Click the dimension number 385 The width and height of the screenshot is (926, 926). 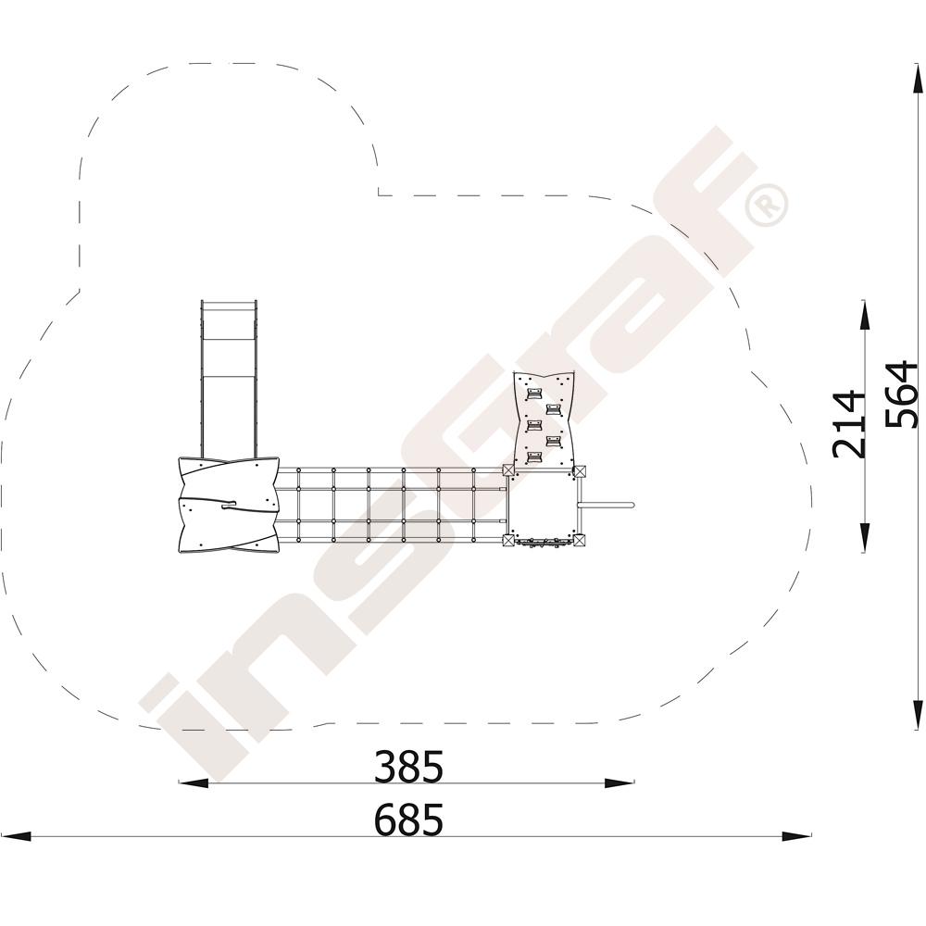coord(408,767)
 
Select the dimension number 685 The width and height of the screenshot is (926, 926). coord(408,820)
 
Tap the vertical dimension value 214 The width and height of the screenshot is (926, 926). coord(847,423)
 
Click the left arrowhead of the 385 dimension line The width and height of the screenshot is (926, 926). coord(194,783)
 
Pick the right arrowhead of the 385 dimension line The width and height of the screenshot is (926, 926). coord(619,783)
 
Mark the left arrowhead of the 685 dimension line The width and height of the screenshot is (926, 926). coord(16,836)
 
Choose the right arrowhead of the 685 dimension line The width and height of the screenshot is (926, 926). coord(796,836)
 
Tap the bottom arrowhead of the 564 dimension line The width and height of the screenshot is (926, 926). coord(917,715)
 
